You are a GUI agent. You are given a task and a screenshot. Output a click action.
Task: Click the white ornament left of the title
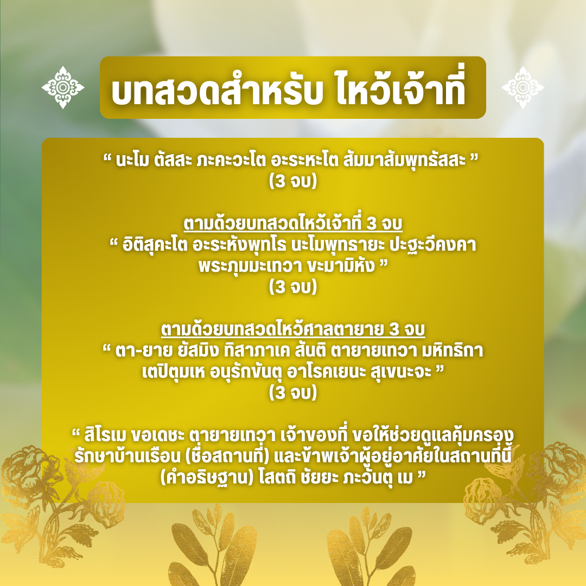click(x=63, y=87)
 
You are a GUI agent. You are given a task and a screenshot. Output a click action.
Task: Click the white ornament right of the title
click(x=523, y=87)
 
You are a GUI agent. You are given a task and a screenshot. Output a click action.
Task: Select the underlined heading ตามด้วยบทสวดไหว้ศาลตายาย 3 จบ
click(x=292, y=329)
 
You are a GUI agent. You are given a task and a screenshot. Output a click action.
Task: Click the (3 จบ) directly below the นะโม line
click(x=292, y=182)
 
